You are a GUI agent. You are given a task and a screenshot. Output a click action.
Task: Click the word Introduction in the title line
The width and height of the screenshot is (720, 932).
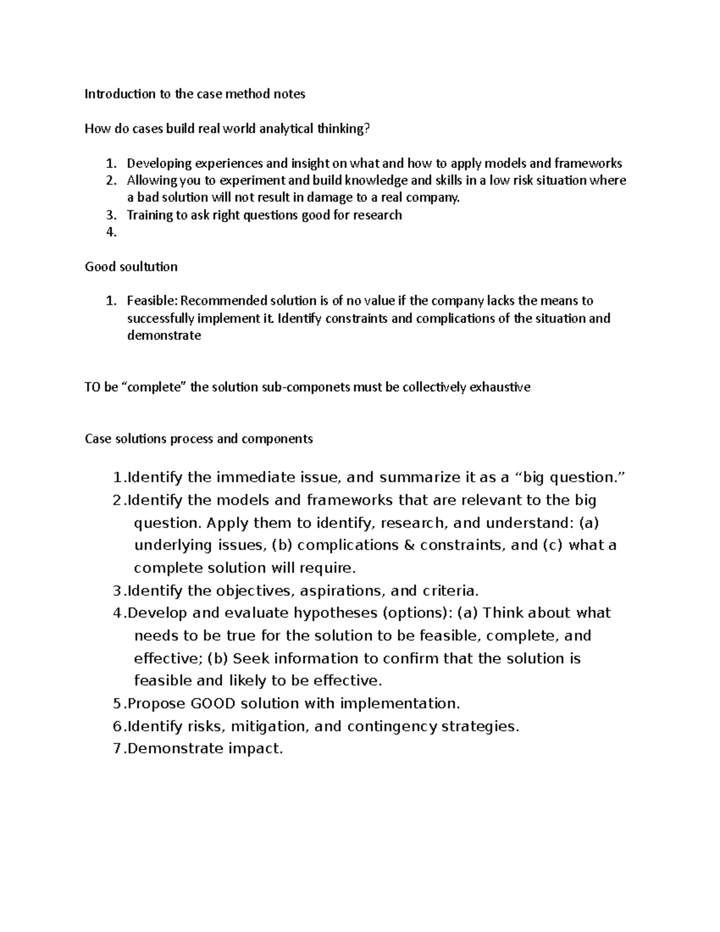click(x=111, y=94)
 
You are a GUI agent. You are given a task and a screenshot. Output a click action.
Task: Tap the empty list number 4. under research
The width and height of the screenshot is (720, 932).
click(x=110, y=232)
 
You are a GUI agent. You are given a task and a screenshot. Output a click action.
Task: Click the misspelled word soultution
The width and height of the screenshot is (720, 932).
click(x=148, y=267)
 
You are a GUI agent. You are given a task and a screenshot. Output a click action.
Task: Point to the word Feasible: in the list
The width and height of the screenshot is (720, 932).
click(x=152, y=301)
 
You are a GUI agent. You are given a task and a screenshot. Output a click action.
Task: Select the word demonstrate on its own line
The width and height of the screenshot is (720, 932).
click(x=164, y=336)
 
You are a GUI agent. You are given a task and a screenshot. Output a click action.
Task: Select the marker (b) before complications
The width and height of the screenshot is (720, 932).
click(x=282, y=546)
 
